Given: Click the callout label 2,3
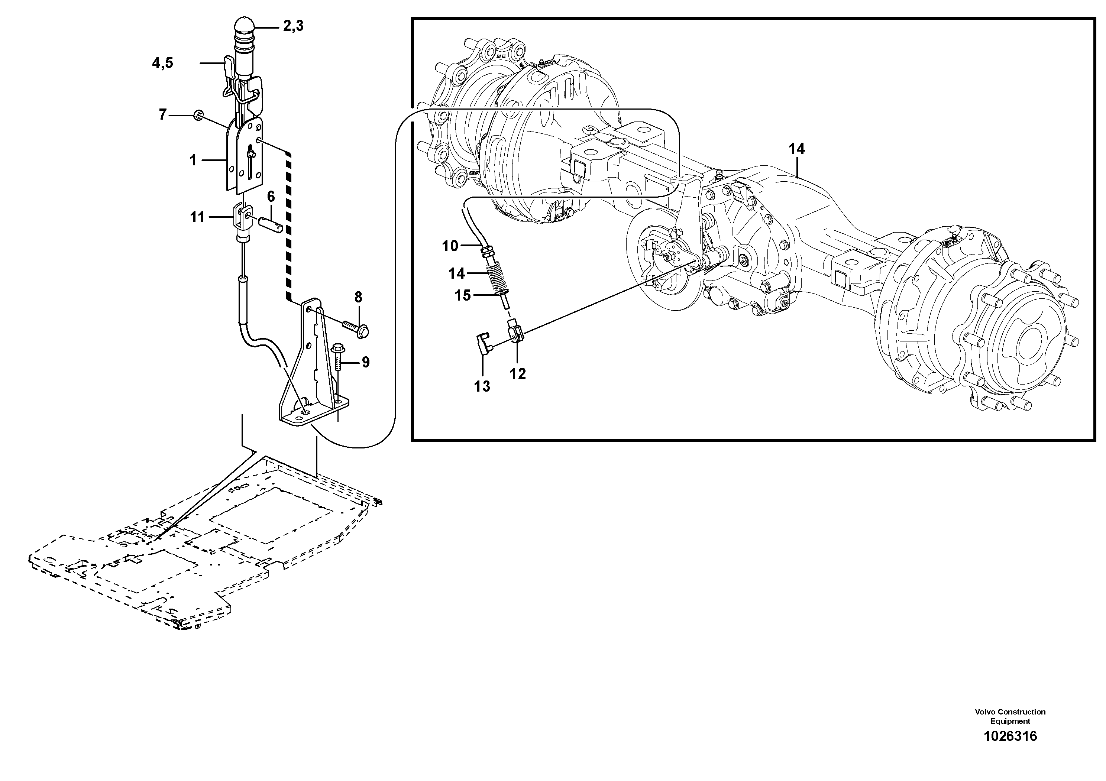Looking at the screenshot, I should [x=293, y=26].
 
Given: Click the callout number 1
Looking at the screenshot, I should [x=193, y=160].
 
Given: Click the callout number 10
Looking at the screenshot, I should [x=450, y=246].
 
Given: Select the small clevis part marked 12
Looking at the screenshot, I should [x=514, y=333].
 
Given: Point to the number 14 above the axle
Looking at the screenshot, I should [x=797, y=149].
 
